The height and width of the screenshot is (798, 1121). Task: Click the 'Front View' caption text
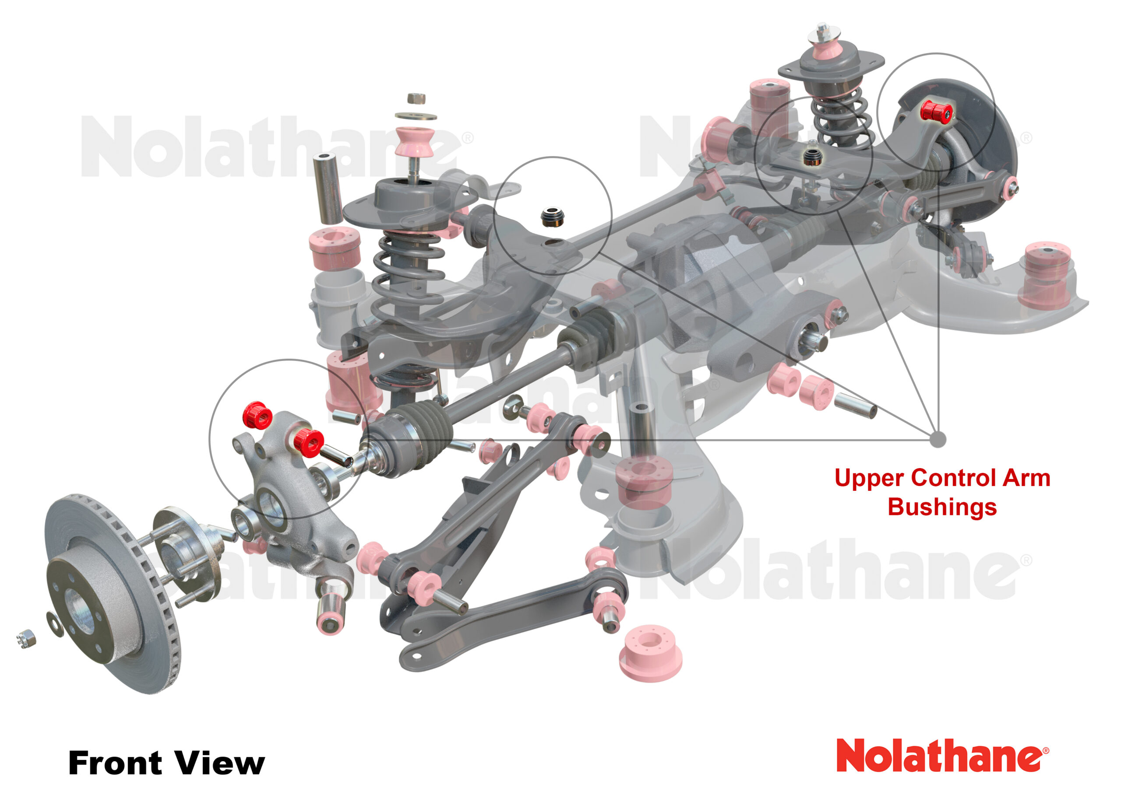[166, 763]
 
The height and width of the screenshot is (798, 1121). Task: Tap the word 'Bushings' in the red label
[942, 507]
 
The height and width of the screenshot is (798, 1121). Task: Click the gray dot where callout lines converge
[938, 439]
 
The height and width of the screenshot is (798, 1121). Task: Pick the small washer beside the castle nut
[55, 623]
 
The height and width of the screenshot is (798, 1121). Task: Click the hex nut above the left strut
[416, 98]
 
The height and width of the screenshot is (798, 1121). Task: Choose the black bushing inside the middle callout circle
[552, 217]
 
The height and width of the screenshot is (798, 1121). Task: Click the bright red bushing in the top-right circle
[936, 112]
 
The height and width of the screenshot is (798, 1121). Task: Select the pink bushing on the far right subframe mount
[1046, 275]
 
